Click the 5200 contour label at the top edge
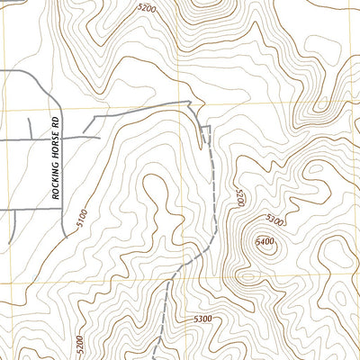147,7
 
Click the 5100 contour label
82,217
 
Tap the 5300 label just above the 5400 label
275,220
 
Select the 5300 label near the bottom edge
202,319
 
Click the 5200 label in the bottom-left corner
80,345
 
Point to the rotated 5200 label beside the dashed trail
240,198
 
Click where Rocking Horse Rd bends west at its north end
55,72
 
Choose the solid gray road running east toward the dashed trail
144,110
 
